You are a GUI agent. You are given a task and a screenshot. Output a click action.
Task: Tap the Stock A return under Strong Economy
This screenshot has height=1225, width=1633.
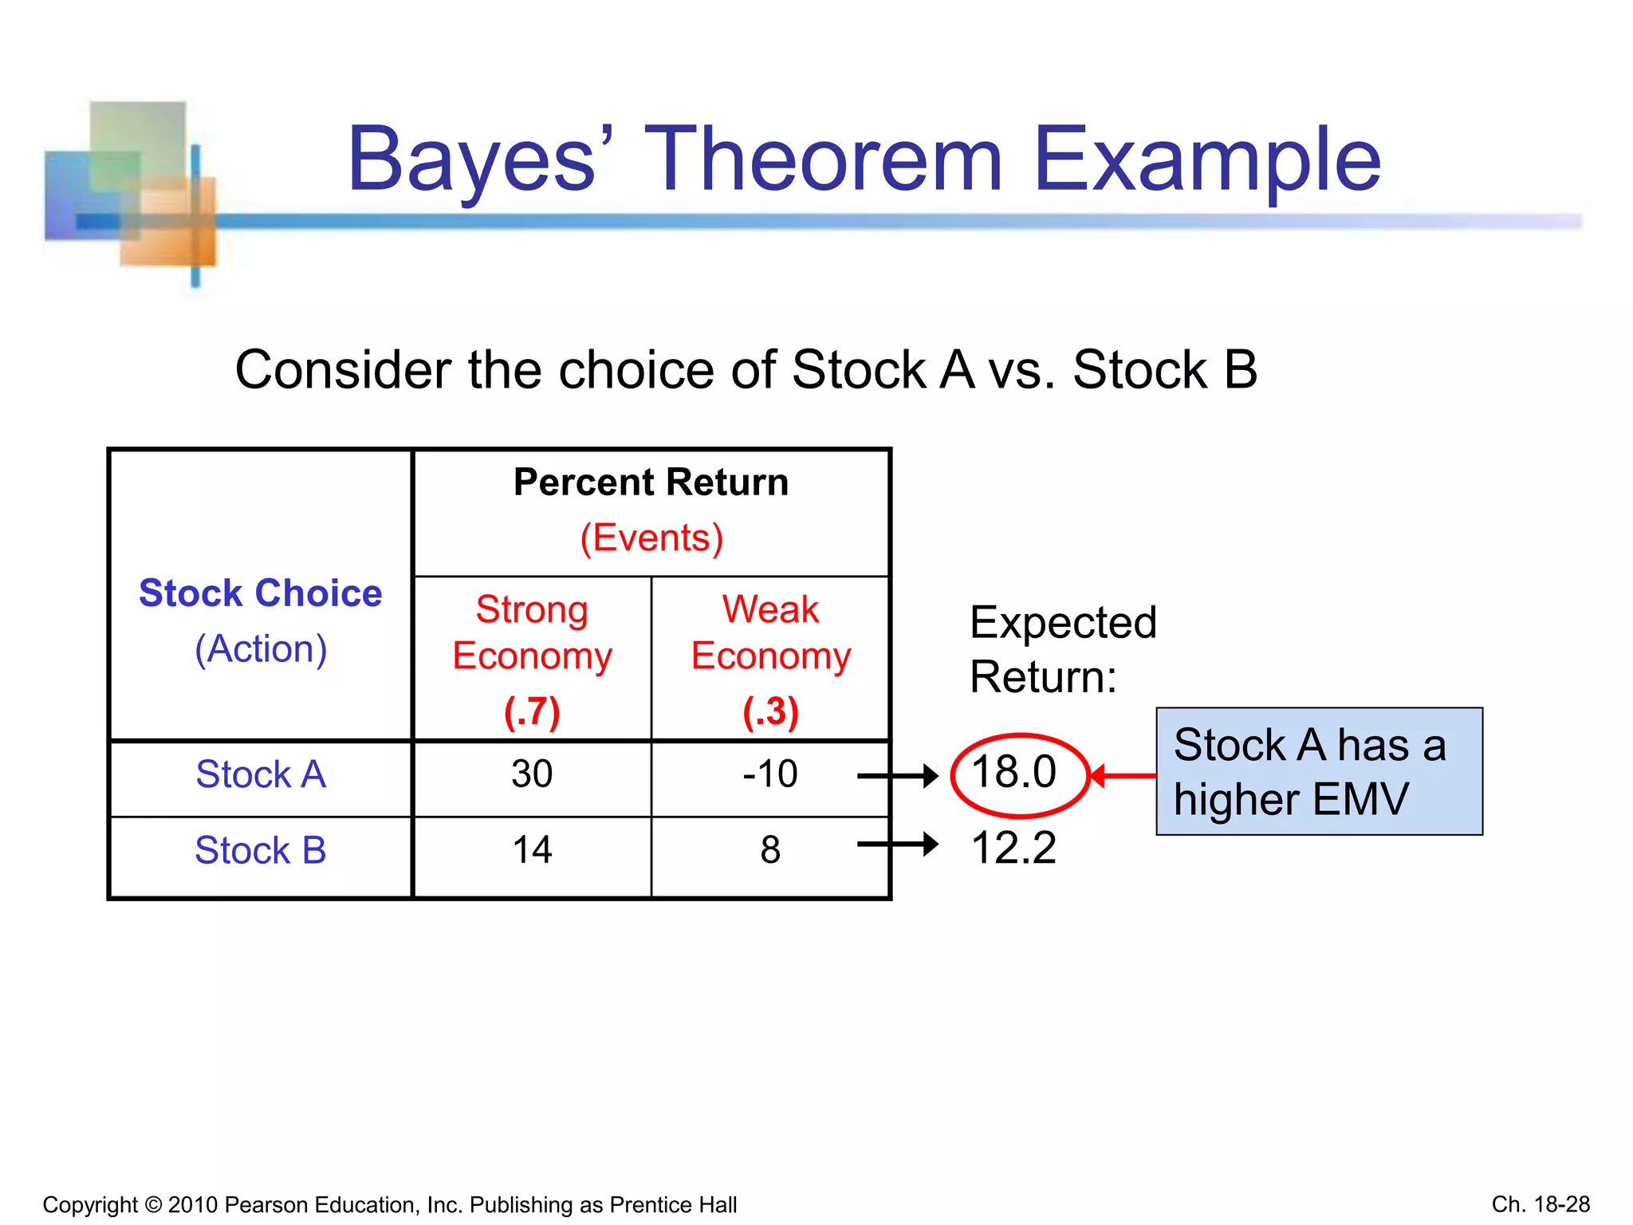532,774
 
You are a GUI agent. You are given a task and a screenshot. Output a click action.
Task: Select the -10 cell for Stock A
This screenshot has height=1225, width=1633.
769,774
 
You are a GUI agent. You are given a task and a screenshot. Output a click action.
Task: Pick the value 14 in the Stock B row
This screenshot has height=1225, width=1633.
532,850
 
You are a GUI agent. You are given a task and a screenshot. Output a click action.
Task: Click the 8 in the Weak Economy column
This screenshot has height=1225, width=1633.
770,850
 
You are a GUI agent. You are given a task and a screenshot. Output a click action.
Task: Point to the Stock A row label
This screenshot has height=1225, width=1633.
261,774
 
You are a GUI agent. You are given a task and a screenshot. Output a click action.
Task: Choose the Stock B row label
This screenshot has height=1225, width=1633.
261,850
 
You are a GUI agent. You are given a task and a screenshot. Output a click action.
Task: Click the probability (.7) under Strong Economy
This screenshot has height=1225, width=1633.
532,711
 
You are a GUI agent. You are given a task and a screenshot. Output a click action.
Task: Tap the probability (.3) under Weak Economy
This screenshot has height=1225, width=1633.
770,711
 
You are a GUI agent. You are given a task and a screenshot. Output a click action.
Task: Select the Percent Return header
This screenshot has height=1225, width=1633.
651,483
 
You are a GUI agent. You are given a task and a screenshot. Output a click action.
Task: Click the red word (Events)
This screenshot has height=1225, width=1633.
651,538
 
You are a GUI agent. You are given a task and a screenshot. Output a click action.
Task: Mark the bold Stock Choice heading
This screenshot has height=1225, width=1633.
261,593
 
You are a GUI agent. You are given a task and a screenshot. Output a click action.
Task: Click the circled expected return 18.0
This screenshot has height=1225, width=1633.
1014,772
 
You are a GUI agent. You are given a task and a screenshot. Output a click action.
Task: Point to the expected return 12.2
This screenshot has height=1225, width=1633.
1013,847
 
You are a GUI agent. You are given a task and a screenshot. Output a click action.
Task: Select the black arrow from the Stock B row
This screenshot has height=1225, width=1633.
898,844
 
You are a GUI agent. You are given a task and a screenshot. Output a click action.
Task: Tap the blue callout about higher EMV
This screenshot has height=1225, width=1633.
1319,771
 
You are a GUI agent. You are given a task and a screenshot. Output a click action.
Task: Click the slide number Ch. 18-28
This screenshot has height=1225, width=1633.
1541,1204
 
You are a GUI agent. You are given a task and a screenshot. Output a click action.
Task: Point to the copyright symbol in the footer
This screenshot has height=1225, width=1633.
153,1205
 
